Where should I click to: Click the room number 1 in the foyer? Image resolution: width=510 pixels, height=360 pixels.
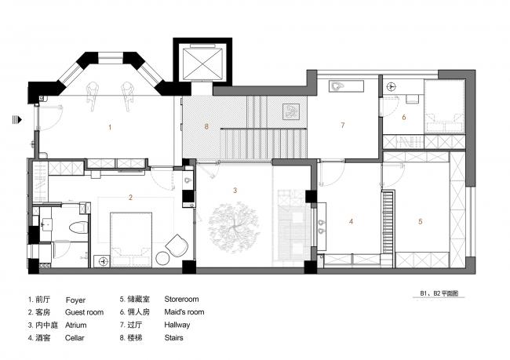(x=111, y=126)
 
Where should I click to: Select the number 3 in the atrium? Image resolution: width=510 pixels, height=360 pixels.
(x=235, y=191)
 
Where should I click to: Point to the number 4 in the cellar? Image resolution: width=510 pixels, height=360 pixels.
(x=351, y=222)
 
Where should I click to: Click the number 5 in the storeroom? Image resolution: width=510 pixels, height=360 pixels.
(x=420, y=222)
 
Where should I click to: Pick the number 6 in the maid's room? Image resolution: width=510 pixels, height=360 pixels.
(x=404, y=118)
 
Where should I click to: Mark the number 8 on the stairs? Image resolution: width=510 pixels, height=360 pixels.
(x=206, y=125)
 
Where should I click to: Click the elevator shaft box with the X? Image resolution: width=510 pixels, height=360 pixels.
(x=202, y=61)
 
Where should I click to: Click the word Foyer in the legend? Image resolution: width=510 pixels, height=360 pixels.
(x=75, y=300)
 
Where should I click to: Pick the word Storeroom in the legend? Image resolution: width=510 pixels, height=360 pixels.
(x=181, y=300)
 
